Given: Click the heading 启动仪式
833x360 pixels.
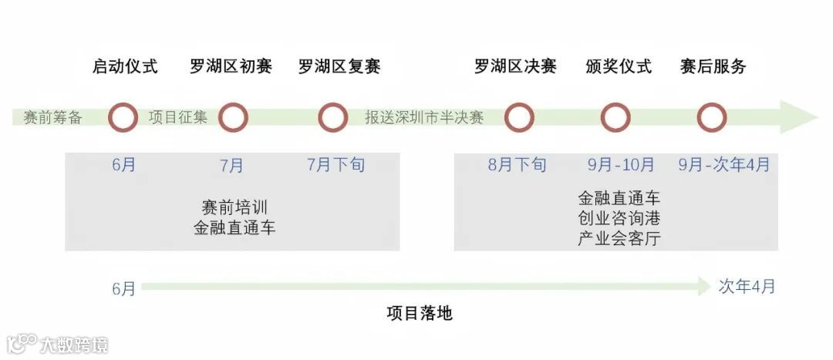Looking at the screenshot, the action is (124, 66).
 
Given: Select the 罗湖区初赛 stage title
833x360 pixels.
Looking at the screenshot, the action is (231, 66).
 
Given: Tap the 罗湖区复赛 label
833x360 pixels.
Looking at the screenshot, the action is (339, 66).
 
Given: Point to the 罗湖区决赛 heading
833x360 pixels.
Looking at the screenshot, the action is (515, 66).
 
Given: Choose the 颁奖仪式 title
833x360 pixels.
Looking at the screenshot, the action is (618, 66).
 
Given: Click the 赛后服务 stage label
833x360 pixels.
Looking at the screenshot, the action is (713, 66).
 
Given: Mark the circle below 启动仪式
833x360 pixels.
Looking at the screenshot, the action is (123, 118).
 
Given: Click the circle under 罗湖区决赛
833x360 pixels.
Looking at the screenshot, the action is (519, 118).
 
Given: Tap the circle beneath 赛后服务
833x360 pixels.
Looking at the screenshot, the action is (711, 118).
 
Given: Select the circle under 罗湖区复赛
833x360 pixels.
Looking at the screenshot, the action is (332, 118).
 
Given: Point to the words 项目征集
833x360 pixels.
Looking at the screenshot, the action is (178, 118).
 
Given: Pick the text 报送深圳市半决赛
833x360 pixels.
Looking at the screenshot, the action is (424, 118).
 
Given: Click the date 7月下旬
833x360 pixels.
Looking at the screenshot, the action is (336, 165).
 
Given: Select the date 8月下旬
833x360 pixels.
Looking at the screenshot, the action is (517, 165).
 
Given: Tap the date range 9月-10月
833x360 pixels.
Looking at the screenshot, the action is (621, 165).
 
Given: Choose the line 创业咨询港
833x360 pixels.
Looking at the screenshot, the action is (619, 218).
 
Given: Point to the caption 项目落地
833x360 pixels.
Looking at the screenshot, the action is (419, 314).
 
